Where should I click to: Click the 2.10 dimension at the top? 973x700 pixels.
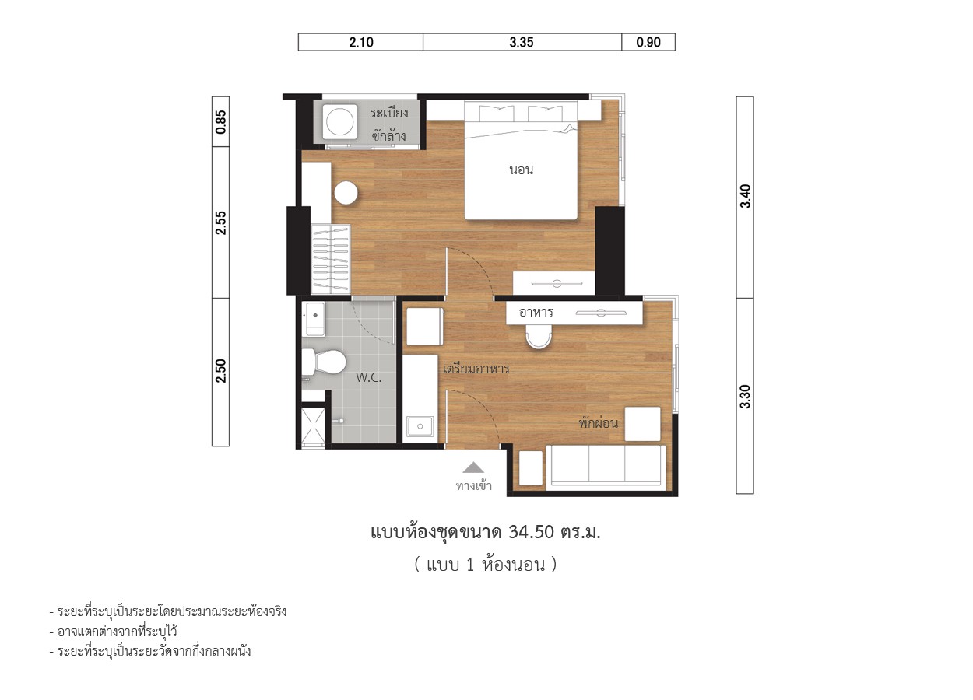coord(361,42)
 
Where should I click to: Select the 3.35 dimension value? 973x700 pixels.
coord(522,42)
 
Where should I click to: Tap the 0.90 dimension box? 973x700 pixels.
coord(648,42)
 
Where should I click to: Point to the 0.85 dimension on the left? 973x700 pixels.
coord(220,121)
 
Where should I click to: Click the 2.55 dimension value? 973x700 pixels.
coord(220,222)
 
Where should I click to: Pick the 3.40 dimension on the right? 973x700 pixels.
coord(745,196)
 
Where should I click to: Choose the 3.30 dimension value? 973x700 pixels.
coord(745,396)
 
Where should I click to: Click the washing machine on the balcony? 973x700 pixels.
coord(339,121)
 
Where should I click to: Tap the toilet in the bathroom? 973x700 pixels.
coord(324,362)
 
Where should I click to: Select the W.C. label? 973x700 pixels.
coord(368,377)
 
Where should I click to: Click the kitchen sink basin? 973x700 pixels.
coord(420,426)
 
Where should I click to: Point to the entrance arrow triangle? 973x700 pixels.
coord(473,467)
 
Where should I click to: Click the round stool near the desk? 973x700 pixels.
coord(346,193)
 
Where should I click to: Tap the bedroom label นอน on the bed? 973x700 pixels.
coord(522,170)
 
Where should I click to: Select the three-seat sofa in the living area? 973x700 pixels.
coord(606,466)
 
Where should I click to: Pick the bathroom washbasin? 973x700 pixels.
coord(315,319)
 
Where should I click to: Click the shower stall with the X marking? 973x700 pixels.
coord(313,426)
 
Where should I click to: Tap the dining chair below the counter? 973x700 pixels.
coord(538,337)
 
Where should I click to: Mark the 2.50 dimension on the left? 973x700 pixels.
coord(220,371)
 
